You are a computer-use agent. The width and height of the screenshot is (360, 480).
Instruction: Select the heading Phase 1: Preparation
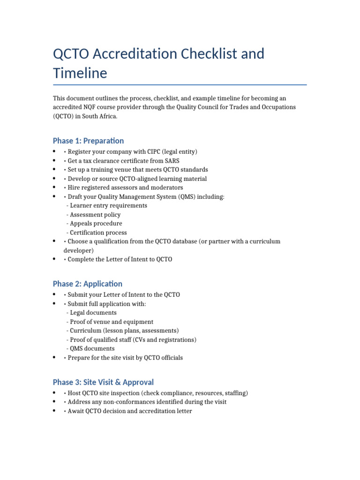88,141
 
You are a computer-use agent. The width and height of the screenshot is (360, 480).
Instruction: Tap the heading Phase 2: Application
87,284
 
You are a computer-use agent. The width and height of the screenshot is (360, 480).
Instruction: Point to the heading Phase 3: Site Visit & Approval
103,382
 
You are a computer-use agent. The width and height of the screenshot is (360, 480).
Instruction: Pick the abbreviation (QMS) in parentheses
180,197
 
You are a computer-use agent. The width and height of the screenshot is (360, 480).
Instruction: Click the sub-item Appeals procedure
96,224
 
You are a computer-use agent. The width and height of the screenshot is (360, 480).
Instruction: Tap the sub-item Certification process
98,232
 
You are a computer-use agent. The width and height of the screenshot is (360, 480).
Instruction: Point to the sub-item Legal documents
93,313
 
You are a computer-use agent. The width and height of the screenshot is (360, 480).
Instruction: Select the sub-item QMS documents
92,349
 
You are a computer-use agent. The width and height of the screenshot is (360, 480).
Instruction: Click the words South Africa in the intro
100,116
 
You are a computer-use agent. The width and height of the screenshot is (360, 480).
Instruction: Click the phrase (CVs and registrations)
163,340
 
